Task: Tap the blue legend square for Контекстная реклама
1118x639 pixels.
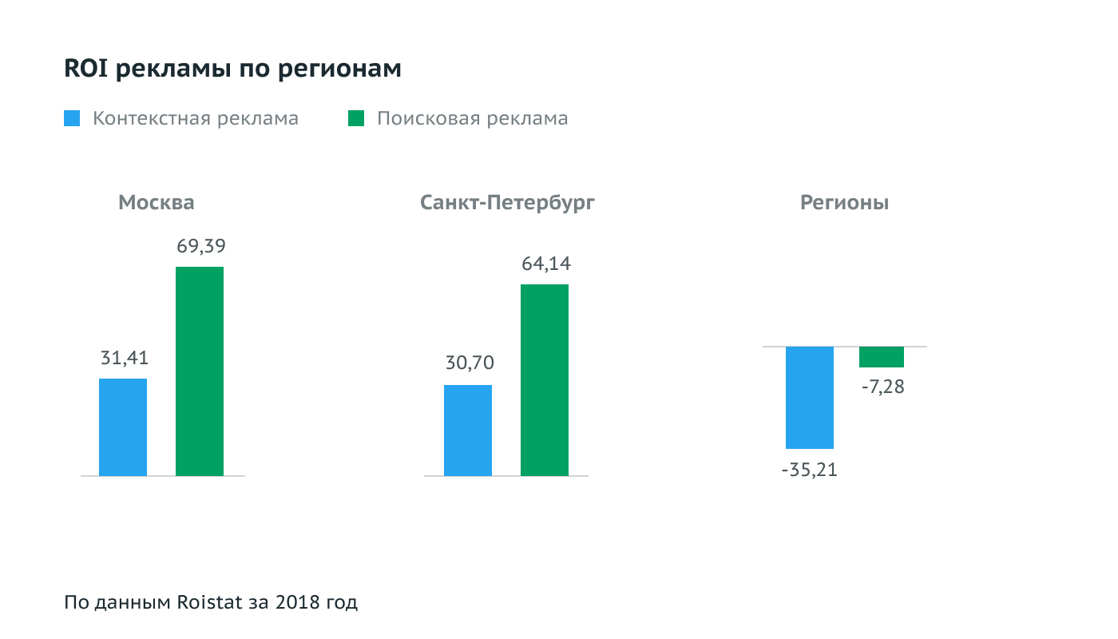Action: click(x=72, y=119)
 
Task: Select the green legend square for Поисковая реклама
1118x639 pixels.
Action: click(x=356, y=119)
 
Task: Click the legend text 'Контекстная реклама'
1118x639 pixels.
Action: click(x=196, y=119)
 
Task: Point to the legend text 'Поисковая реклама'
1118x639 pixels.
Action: click(x=473, y=119)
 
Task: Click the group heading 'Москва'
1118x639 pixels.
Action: click(x=157, y=203)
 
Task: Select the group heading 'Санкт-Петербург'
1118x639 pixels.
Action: click(x=508, y=203)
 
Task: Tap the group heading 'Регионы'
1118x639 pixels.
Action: click(x=845, y=203)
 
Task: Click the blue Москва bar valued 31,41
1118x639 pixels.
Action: click(x=123, y=427)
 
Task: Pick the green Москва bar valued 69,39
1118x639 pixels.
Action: click(x=200, y=371)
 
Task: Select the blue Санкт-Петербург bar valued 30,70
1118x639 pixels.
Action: click(x=468, y=431)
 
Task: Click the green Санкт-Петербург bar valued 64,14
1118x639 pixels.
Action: click(x=545, y=380)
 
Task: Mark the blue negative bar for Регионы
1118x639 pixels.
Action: click(x=810, y=398)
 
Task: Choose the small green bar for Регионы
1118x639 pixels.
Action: click(x=882, y=357)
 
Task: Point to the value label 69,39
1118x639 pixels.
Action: click(x=200, y=247)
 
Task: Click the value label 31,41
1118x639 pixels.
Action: click(x=125, y=359)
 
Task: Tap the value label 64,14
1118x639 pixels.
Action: click(x=546, y=264)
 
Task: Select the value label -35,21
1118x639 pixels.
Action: click(x=810, y=470)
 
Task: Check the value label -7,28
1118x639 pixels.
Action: click(x=883, y=389)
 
